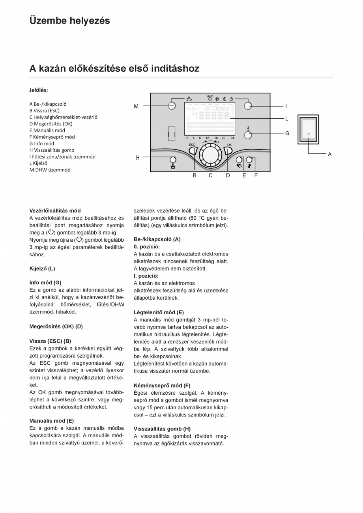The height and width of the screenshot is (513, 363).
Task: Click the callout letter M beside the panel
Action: click(x=136, y=106)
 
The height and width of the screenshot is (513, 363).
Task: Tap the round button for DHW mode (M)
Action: click(x=172, y=106)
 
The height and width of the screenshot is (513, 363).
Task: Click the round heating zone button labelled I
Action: click(x=248, y=106)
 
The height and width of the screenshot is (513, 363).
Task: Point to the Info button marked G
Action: click(x=248, y=135)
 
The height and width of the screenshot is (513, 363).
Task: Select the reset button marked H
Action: click(x=172, y=160)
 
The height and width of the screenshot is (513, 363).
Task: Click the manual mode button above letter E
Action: click(x=239, y=160)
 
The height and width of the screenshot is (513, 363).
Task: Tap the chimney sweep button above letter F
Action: click(x=249, y=160)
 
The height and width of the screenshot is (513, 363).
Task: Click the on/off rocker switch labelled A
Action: click(x=309, y=130)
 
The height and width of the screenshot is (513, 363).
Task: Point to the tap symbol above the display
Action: click(x=190, y=99)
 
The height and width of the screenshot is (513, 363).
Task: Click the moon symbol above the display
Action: click(x=224, y=99)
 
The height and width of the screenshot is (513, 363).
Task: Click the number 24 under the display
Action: click(x=232, y=138)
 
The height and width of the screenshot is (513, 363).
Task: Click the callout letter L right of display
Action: click(x=287, y=118)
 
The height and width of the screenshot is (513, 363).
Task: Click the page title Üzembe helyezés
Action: click(x=70, y=21)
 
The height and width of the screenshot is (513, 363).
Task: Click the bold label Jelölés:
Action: click(x=39, y=90)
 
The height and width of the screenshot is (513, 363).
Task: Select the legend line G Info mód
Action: click(x=41, y=144)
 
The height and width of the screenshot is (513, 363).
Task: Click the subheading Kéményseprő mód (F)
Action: click(x=162, y=385)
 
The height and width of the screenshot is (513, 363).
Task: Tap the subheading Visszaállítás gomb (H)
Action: click(x=162, y=429)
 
